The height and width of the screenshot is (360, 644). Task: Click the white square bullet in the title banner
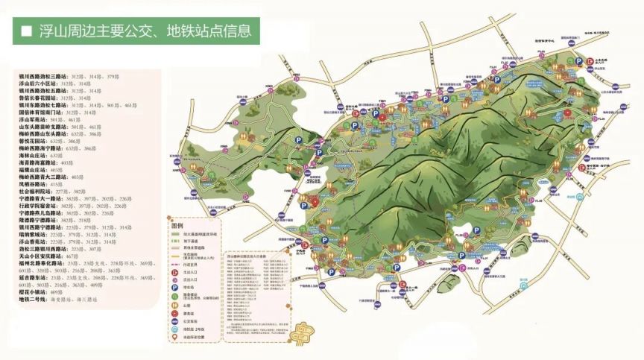(x=27, y=31)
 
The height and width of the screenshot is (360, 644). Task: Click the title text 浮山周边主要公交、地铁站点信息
(x=142, y=31)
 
